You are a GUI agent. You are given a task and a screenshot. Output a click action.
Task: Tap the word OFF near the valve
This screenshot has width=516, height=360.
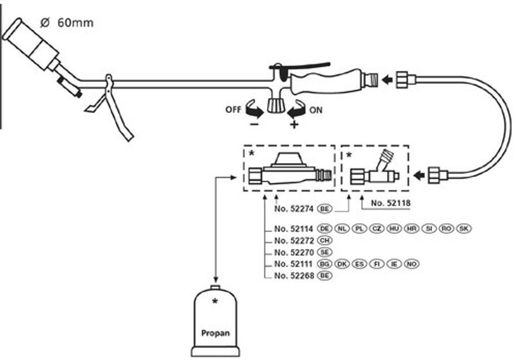coord(233,109)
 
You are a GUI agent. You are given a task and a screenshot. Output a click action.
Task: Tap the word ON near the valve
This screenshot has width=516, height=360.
coord(315,109)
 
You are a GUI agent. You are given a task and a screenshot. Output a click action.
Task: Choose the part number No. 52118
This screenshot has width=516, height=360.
coord(390,203)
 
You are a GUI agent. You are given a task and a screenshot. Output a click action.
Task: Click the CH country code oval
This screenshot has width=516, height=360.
coord(324,240)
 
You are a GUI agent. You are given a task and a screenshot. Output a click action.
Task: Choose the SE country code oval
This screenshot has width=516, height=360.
coord(324,252)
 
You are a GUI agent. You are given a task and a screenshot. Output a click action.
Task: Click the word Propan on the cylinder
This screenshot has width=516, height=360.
coord(215,333)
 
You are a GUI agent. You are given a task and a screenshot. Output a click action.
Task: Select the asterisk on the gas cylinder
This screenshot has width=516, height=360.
coord(215,302)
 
